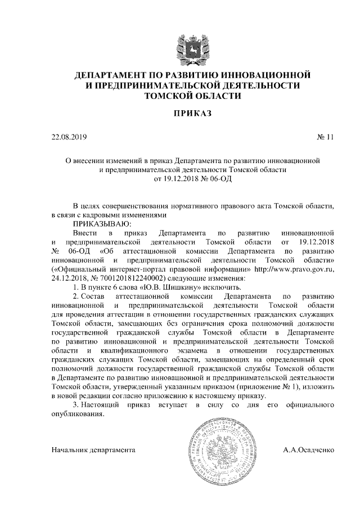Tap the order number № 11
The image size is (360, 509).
[x=326, y=137]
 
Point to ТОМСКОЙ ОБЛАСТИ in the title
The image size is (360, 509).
[x=193, y=96]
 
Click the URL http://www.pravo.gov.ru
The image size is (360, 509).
[x=294, y=269]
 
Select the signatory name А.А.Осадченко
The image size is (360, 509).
[x=309, y=450]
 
